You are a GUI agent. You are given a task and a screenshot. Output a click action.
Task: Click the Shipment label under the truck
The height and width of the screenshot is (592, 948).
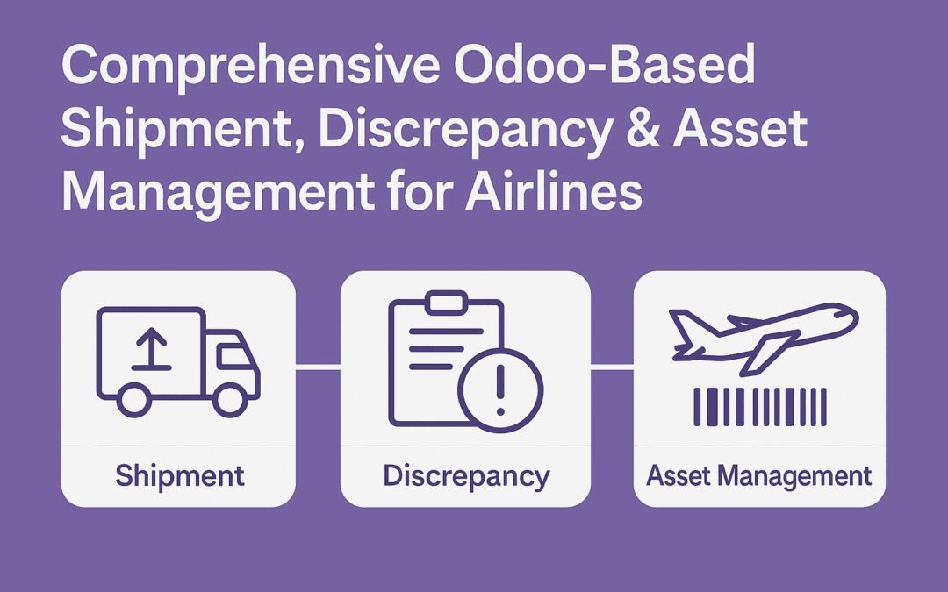(179, 476)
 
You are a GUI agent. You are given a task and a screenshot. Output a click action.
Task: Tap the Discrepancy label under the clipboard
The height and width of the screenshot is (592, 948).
(465, 476)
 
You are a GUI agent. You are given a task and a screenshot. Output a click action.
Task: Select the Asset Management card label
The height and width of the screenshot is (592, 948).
(759, 476)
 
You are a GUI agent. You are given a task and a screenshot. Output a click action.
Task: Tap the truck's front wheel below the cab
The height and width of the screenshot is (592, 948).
(230, 401)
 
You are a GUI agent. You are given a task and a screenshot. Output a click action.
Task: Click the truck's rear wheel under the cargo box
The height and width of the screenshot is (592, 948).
(134, 401)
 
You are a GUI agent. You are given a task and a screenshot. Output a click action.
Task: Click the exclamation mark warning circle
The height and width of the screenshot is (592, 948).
(501, 390)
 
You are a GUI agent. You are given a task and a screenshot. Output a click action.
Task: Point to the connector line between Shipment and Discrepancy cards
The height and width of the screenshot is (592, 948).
(318, 367)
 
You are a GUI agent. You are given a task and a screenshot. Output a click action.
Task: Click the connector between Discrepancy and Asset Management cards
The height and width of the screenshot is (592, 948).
(612, 367)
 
